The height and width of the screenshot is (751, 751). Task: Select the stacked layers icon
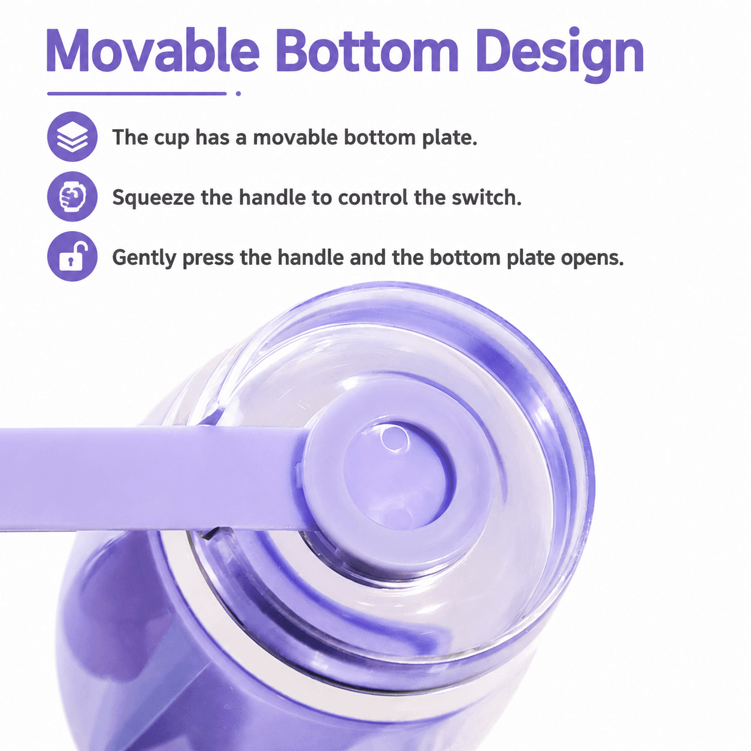(72, 137)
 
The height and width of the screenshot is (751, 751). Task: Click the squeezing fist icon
(72, 196)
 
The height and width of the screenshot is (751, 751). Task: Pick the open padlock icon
(72, 256)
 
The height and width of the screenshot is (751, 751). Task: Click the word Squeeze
(153, 198)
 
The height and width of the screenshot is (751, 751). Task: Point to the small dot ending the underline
(238, 93)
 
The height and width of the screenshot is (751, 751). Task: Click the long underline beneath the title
(137, 93)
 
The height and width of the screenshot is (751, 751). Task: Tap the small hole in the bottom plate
(395, 438)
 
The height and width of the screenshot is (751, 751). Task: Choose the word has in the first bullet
(212, 138)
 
